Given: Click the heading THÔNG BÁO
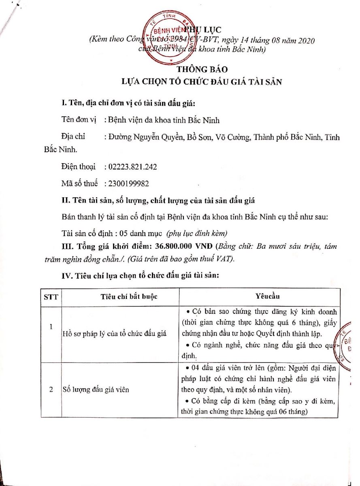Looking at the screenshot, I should [x=202, y=69].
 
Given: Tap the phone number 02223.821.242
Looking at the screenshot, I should [x=132, y=166].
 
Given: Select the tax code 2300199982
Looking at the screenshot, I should [x=128, y=183].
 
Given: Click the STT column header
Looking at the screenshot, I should [x=51, y=296].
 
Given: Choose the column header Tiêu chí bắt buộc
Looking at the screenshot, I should [x=129, y=296].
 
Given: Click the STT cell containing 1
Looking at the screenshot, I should [x=51, y=326].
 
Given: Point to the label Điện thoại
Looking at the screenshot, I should [x=79, y=166].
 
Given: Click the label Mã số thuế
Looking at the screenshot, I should [x=80, y=183].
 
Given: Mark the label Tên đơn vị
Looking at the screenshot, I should [x=78, y=120].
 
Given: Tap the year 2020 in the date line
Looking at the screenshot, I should [x=304, y=41].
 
